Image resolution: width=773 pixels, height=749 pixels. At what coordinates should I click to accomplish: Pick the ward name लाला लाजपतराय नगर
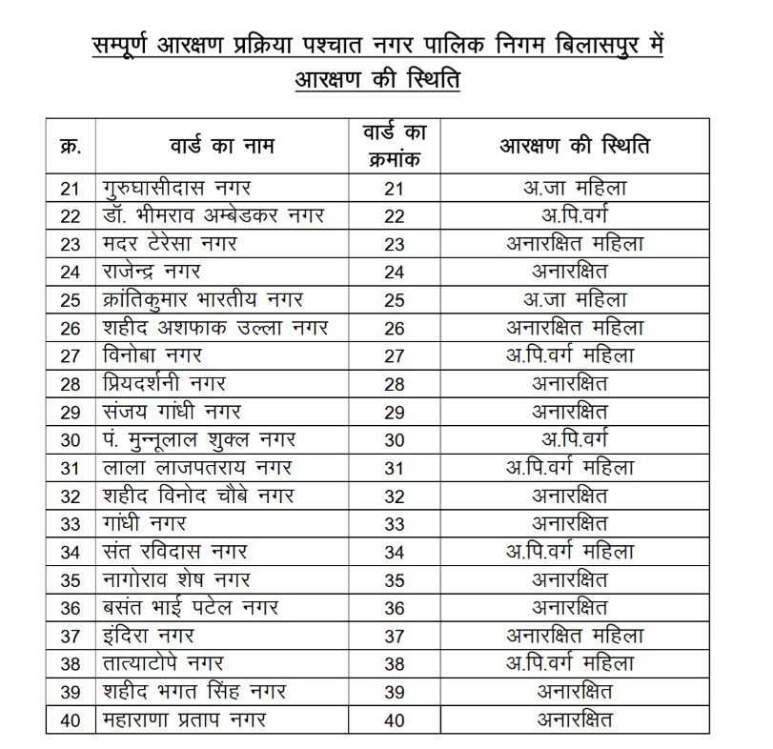pos(195,468)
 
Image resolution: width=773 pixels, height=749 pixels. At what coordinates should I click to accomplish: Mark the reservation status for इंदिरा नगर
pos(575,636)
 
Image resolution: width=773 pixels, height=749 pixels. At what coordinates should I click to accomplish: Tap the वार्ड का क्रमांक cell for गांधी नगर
pos(395,523)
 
